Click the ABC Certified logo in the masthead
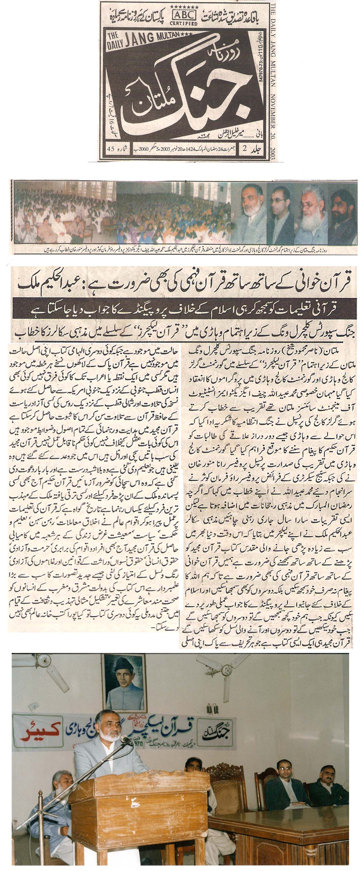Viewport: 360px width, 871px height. pyautogui.click(x=184, y=16)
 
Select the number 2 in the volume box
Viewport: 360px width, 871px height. pyautogui.click(x=244, y=149)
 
